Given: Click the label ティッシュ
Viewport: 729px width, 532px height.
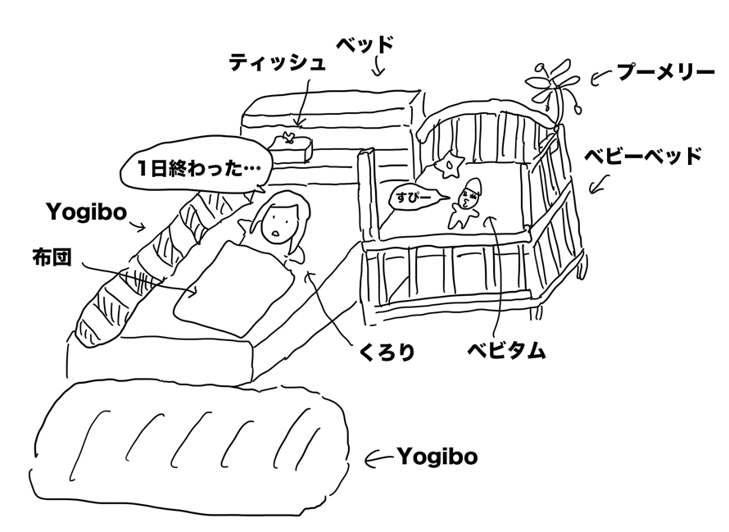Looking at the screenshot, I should point(278,62).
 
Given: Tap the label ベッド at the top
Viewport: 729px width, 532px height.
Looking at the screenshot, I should point(365,43).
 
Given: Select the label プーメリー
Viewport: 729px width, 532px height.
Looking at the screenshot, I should point(666,73).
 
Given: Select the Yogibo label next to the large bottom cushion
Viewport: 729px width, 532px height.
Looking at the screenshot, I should point(437,456).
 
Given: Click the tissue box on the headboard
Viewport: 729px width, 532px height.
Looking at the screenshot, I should point(289,148).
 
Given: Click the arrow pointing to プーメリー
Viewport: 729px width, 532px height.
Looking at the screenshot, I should point(601,78).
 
